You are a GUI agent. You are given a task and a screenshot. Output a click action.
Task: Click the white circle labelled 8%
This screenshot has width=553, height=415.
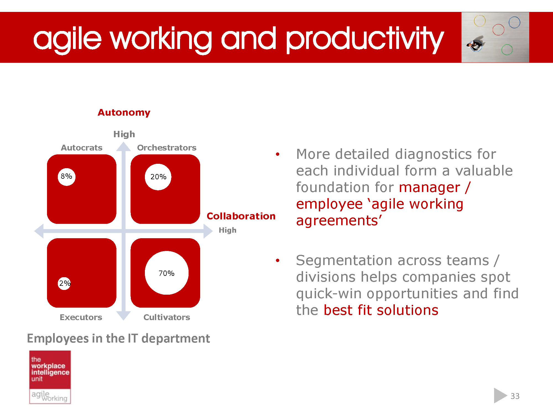pos(66,177)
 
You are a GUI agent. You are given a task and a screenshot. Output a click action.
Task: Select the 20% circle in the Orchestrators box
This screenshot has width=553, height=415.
pos(158,177)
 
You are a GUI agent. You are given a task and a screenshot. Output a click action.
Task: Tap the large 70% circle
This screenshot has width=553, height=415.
pos(166,273)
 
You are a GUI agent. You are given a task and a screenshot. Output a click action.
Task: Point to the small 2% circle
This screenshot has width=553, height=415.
pos(64,283)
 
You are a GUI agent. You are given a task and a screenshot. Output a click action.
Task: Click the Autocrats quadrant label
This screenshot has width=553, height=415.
pos(82,148)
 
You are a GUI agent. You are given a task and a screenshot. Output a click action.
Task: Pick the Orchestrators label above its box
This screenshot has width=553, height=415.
pos(166,148)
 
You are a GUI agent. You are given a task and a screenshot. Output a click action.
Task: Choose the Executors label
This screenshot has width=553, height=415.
pos(81,317)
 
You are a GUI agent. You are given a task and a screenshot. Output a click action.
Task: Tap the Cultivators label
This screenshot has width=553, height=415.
pos(166,317)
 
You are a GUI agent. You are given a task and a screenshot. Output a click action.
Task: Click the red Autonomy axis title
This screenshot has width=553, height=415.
pos(124,113)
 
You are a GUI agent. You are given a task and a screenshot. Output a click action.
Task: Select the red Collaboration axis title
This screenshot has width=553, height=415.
pos(241,216)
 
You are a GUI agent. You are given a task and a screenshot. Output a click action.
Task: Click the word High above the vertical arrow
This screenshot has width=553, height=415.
pos(124,134)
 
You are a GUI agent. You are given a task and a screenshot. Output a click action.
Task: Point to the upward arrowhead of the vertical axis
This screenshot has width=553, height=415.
pos(123,147)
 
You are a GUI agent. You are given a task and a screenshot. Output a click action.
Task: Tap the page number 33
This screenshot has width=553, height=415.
pos(515,396)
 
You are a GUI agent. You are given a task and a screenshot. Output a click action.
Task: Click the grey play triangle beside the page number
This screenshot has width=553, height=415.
pos(499,396)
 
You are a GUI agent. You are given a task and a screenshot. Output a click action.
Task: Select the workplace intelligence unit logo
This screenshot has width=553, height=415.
pos(50,377)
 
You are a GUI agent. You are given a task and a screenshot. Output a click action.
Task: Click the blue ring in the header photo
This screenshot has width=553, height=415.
pos(514,22)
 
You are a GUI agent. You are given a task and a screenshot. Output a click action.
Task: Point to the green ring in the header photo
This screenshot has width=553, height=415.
pos(507,50)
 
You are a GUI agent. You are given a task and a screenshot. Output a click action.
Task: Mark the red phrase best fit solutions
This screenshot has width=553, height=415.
pos(381,310)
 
